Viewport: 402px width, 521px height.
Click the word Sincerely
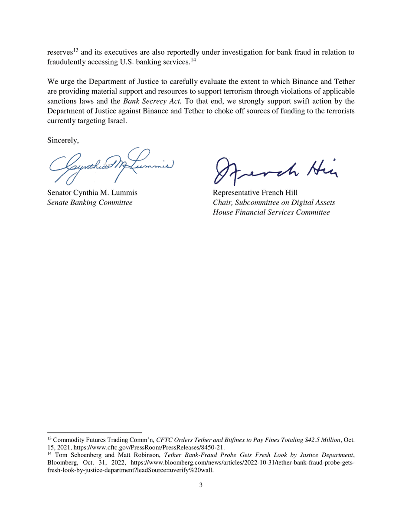point(62,140)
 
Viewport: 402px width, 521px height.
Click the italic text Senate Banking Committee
point(89,202)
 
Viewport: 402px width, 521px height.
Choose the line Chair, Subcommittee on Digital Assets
point(274,202)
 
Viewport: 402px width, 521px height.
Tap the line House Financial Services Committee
point(271,212)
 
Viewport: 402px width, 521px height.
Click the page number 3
point(201,485)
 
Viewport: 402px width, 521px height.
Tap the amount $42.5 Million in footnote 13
point(319,440)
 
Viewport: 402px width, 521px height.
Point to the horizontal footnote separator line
point(95,432)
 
